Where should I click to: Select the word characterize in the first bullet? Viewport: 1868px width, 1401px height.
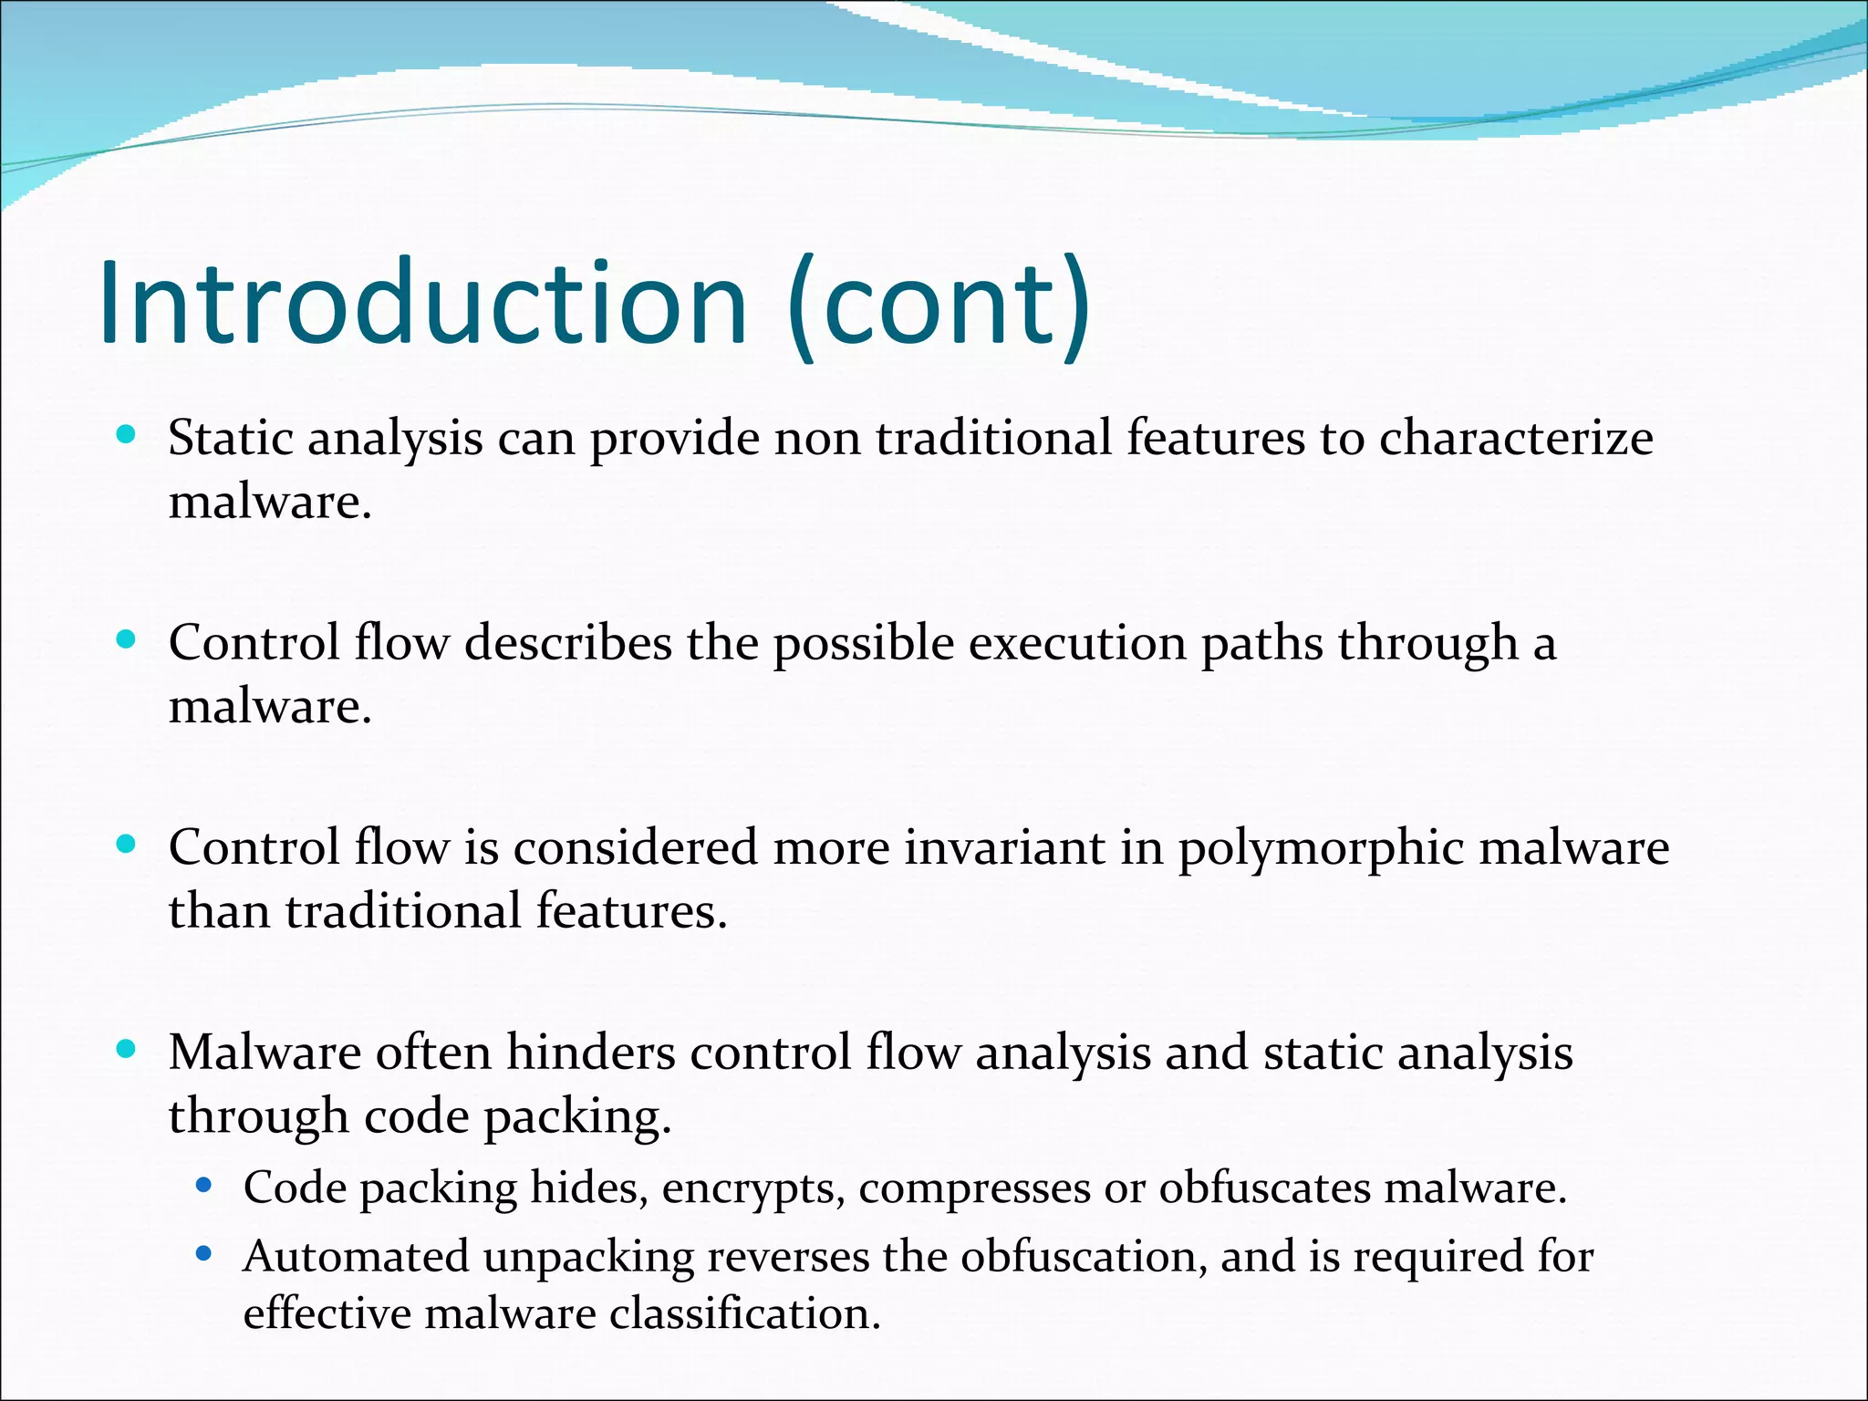point(1516,439)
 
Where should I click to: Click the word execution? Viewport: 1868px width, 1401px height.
point(1076,645)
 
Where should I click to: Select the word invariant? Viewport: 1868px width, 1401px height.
point(1004,847)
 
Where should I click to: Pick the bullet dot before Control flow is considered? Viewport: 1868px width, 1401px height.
point(127,844)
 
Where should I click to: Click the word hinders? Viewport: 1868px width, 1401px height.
point(590,1053)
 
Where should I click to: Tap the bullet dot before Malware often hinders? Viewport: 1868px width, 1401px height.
point(127,1049)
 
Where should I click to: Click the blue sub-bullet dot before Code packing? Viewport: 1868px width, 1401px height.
point(204,1186)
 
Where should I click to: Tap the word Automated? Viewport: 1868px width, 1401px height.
point(356,1257)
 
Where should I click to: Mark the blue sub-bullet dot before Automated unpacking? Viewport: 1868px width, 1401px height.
point(204,1254)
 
